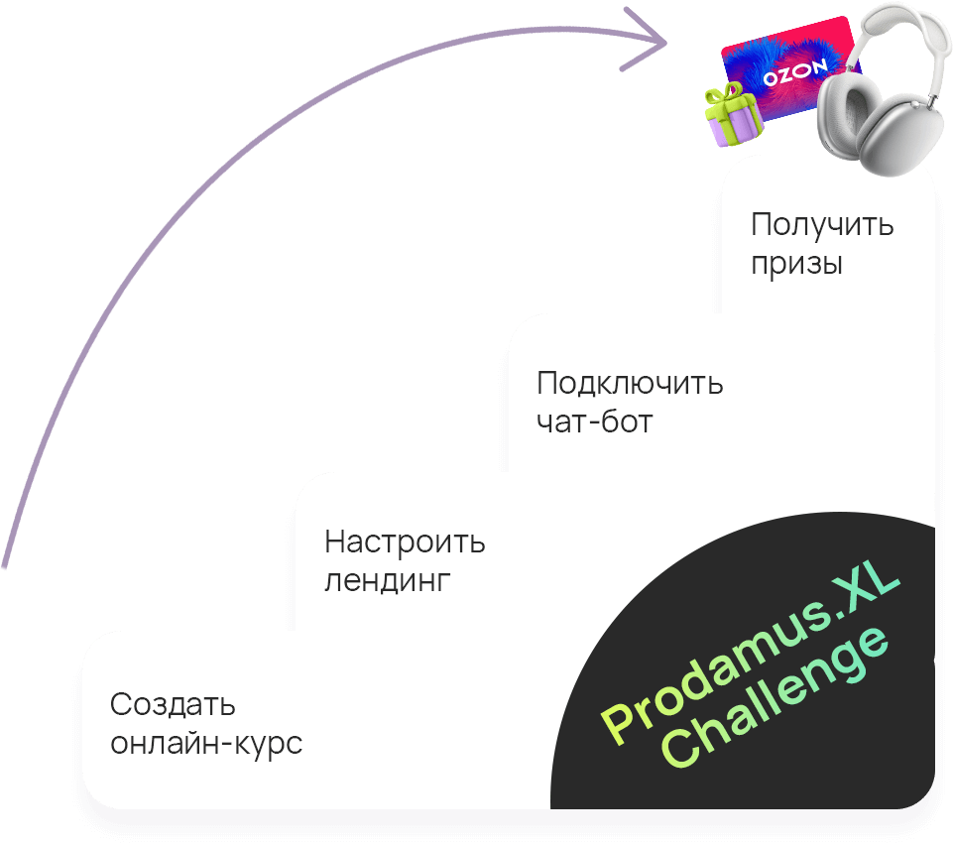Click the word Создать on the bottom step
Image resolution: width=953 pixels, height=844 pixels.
173,705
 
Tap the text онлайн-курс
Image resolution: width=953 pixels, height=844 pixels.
206,744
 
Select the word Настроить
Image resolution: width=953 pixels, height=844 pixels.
405,543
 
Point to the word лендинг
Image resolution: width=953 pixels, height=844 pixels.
388,581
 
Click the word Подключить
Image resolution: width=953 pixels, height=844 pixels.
630,384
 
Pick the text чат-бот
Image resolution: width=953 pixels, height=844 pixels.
594,422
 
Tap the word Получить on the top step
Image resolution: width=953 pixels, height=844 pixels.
822,224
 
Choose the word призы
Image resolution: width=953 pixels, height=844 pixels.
796,265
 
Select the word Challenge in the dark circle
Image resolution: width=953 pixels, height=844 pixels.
777,707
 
